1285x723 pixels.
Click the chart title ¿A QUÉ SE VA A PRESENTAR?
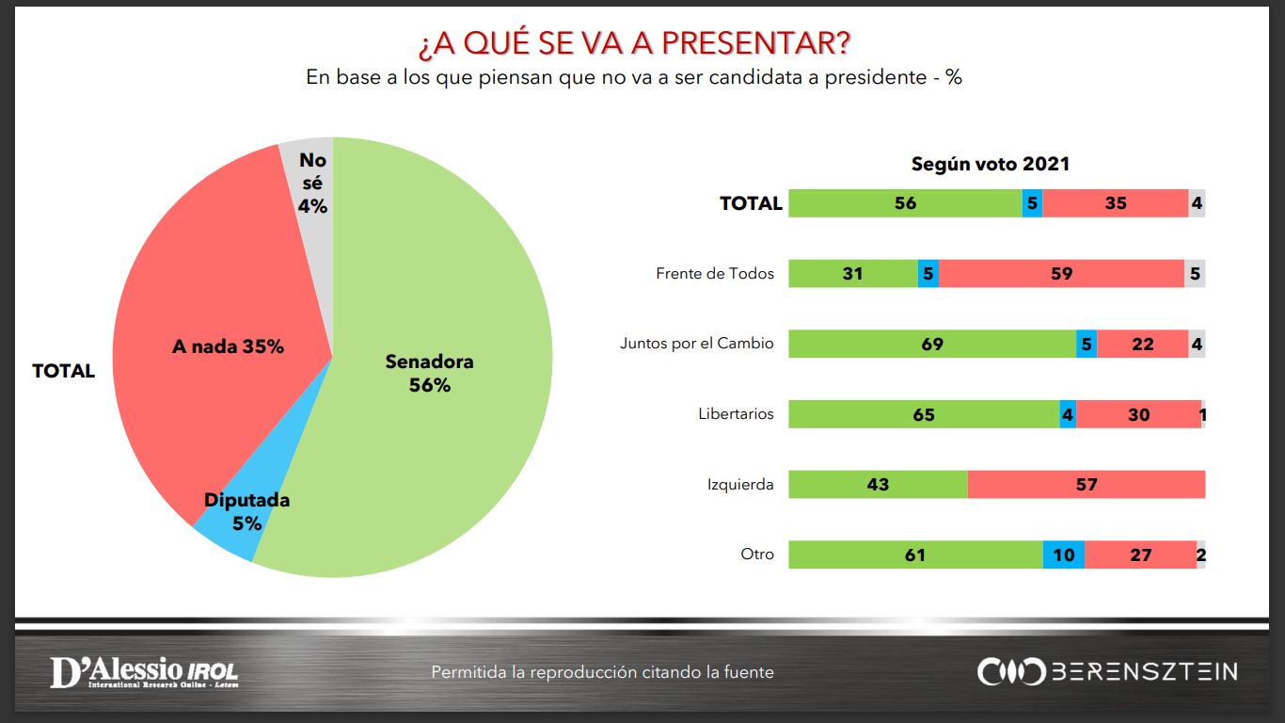click(634, 43)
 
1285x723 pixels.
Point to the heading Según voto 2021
click(991, 164)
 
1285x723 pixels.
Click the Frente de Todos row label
click(715, 273)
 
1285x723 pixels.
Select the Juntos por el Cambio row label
click(696, 344)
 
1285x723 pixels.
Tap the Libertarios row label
click(736, 413)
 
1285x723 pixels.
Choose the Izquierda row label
click(740, 485)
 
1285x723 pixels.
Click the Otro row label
click(757, 554)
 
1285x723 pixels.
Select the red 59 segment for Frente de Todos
click(1061, 273)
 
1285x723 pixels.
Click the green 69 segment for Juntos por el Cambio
click(932, 344)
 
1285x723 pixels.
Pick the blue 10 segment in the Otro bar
click(1064, 554)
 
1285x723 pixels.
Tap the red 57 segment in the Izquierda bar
click(1087, 484)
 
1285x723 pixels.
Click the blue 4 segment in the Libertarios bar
click(1068, 414)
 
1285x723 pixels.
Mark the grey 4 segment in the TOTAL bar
click(1197, 202)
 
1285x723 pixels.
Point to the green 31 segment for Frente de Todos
click(853, 273)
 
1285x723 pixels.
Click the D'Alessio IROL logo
click(144, 672)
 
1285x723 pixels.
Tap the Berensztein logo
click(1107, 671)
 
